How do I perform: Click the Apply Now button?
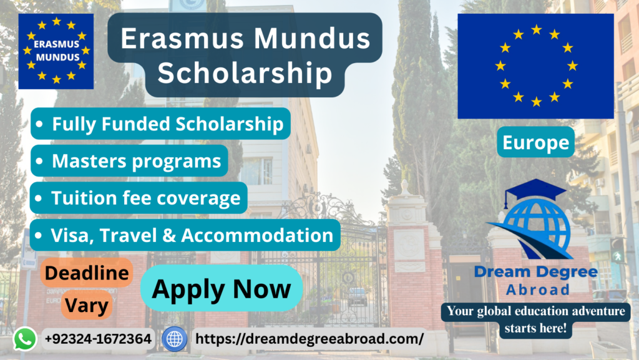pos(222,288)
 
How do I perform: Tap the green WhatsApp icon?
pos(25,339)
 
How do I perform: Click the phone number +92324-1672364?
pos(98,339)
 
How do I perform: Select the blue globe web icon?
pos(175,339)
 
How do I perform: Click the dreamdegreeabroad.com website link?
pos(310,339)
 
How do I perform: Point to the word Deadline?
pos(87,273)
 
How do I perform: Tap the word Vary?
pos(87,305)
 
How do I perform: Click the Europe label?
pos(535,142)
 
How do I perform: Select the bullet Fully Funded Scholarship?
pos(160,124)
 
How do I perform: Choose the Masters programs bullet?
pos(129,161)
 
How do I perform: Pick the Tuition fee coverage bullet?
pos(139,198)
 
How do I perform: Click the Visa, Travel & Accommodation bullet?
pos(185,235)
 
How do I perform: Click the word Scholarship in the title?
pos(245,73)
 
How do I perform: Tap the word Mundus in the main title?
pos(312,38)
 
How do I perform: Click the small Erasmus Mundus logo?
pos(56,51)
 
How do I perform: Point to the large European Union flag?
pos(535,66)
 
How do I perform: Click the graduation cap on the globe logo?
pos(535,192)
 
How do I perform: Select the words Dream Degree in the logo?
pos(536,271)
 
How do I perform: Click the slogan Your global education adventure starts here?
pos(535,319)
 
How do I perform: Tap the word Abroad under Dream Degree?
pos(537,289)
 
